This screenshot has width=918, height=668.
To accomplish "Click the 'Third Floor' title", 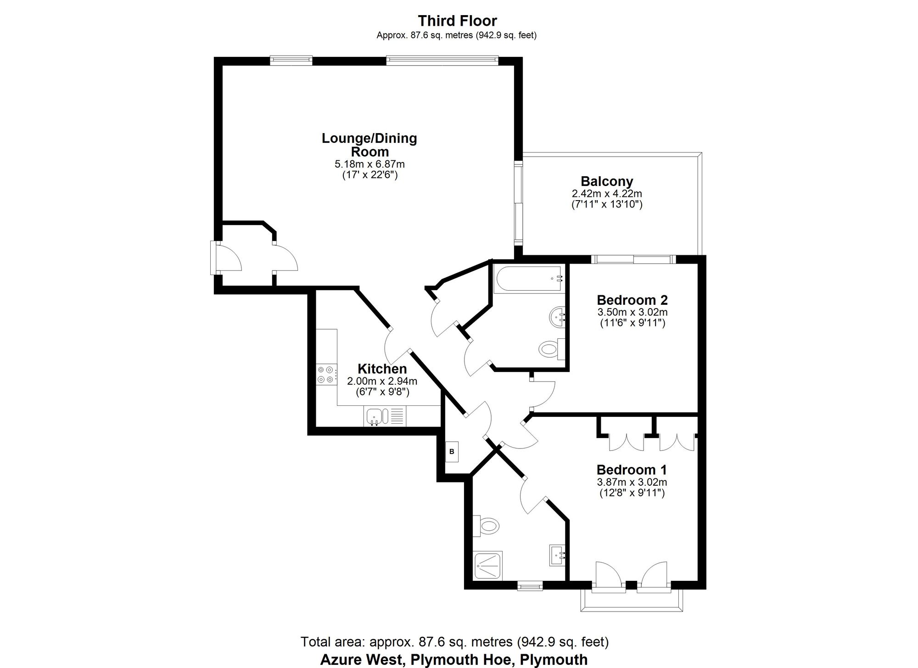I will click(457, 21).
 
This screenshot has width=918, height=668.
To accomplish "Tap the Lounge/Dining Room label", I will click(369, 145).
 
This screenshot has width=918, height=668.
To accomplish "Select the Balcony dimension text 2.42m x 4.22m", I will click(606, 194).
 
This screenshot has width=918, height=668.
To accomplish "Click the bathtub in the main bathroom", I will click(528, 279).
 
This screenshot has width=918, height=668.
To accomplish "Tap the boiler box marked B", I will click(452, 452).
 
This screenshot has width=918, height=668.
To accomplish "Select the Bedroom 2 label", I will click(632, 300).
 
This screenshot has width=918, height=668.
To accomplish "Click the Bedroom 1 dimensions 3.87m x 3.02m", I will click(632, 482).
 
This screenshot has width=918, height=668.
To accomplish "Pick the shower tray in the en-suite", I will click(488, 565).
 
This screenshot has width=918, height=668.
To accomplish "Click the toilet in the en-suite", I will click(487, 525).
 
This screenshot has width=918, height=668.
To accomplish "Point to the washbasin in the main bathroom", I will click(557, 317).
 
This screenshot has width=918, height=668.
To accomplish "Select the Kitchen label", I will click(382, 369).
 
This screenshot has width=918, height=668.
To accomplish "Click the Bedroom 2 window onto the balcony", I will click(633, 259).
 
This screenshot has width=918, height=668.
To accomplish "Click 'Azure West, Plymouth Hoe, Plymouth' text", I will click(453, 660).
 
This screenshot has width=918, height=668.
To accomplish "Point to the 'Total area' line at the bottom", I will click(454, 641).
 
